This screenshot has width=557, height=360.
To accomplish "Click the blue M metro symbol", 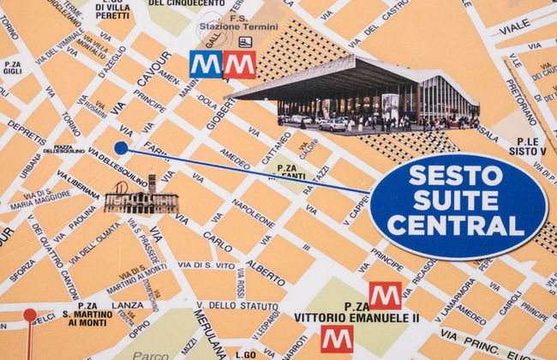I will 206,64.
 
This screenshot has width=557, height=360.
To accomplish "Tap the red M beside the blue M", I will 239,64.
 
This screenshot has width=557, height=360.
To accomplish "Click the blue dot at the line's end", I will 121,147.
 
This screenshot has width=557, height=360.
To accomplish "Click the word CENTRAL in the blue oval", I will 457,227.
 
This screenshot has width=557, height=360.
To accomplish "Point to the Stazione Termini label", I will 225,27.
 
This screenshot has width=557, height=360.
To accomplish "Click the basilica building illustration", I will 141,198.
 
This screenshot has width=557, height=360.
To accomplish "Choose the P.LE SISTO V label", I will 527,146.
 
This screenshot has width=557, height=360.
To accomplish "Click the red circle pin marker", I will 30,315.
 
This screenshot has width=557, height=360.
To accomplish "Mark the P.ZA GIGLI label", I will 11,68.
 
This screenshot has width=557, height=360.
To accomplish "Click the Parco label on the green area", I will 152,353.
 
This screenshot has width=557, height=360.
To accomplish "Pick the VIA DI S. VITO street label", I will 207,266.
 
